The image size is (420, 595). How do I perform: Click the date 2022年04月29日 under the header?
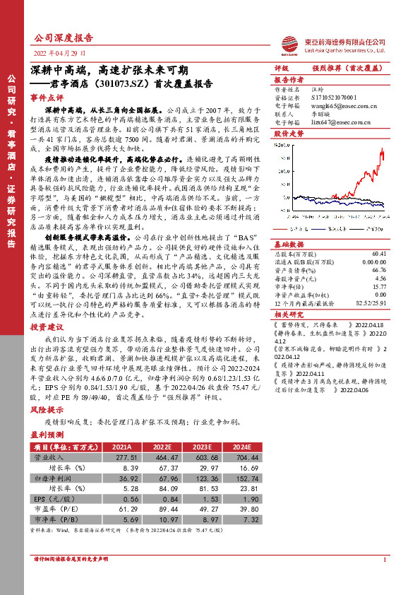(x=60, y=53)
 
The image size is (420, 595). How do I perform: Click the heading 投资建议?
(x=47, y=328)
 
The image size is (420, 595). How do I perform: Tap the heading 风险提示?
(x=47, y=409)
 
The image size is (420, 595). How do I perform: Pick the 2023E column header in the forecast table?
(x=201, y=447)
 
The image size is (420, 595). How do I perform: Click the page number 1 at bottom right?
(x=385, y=579)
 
